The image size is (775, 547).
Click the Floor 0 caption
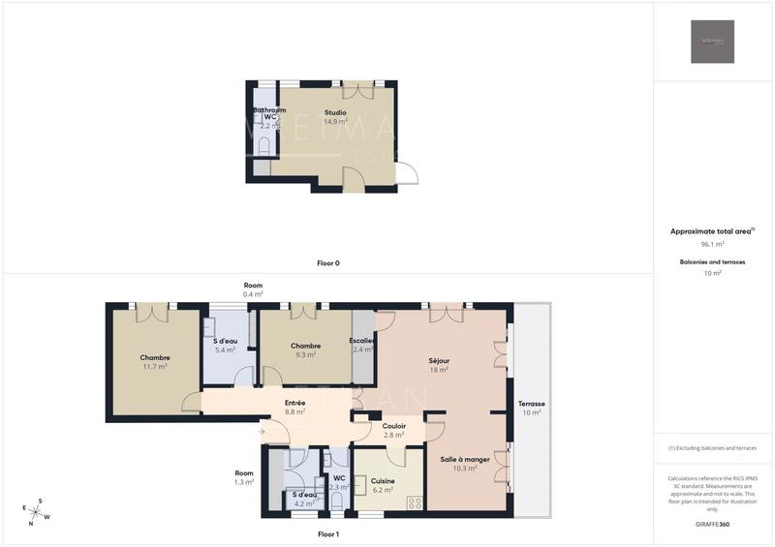[x=328, y=263]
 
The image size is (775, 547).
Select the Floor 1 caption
[x=328, y=534]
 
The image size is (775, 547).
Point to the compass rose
[x=36, y=511]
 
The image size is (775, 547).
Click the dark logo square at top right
[x=712, y=42]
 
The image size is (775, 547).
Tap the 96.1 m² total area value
[x=713, y=245]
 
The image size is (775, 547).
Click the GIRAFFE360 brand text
[x=712, y=524]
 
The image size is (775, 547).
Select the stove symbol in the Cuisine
[x=415, y=502]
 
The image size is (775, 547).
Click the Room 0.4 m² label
[x=253, y=289]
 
